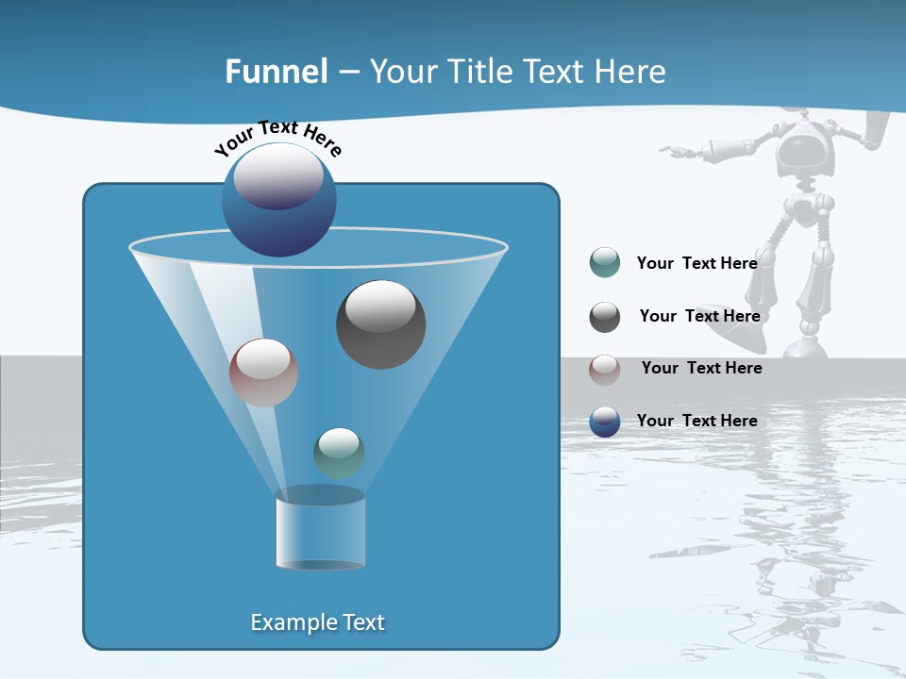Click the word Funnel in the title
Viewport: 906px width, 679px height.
276,72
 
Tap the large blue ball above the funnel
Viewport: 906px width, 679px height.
278,200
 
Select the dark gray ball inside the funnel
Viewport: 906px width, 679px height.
380,324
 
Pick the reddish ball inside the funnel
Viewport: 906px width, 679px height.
263,373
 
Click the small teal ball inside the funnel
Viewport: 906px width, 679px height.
339,453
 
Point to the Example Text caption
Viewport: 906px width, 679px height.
317,622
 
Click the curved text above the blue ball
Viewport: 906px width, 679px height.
277,138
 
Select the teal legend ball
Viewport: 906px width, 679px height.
605,263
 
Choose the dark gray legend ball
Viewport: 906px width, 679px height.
605,317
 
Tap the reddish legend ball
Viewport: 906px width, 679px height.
605,369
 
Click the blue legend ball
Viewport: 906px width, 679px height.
605,422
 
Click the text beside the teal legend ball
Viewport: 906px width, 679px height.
696,264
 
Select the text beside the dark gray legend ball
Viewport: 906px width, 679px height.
699,317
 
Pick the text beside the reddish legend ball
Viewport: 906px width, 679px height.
701,369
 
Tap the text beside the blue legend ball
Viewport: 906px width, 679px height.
696,422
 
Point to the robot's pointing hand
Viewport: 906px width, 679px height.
672,149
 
